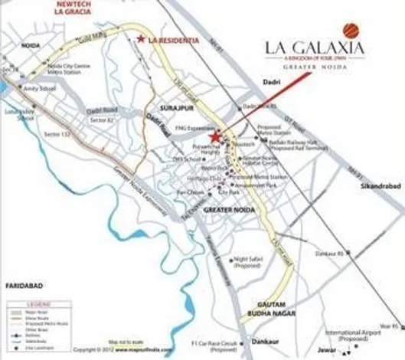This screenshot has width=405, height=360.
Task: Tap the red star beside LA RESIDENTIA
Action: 140,38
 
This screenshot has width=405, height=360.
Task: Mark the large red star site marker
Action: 215,137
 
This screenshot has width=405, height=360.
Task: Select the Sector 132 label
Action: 56,134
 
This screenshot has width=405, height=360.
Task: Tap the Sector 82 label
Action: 100,122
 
